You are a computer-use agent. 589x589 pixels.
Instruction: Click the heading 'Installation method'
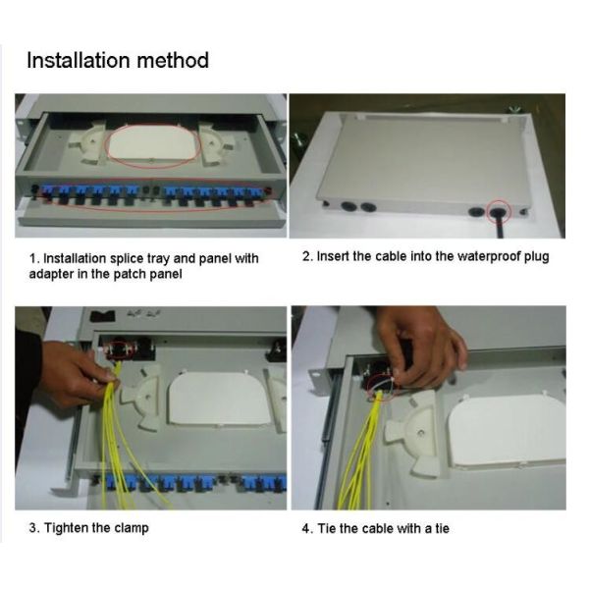coord(117,60)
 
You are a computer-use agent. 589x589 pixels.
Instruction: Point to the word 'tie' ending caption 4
coord(441,528)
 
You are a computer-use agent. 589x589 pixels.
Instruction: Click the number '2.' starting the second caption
coord(307,256)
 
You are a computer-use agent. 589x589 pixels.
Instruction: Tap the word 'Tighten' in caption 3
coord(66,527)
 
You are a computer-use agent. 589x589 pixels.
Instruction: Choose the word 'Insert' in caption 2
coord(333,256)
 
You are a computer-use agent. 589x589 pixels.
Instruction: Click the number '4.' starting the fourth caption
coord(306,528)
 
